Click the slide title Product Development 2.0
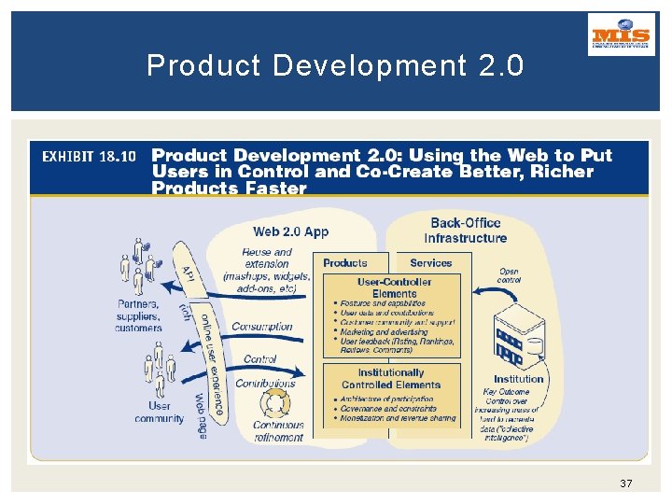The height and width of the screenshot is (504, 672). click(335, 65)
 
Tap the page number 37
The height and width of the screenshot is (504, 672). click(625, 483)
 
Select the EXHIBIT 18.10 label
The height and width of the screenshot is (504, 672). click(90, 156)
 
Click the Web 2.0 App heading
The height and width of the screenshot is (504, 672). click(291, 231)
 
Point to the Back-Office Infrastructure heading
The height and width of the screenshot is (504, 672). click(465, 230)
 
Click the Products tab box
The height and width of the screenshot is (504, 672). click(345, 263)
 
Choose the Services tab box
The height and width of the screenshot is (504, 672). click(431, 263)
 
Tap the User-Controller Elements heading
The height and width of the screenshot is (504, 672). click(394, 287)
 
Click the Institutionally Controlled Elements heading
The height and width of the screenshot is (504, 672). click(391, 378)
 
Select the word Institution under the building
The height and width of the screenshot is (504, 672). click(519, 379)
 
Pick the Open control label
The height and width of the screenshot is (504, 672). click(510, 275)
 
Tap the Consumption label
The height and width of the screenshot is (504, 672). click(262, 327)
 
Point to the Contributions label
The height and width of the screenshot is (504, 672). click(265, 383)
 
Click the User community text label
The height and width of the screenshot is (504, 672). click(160, 413)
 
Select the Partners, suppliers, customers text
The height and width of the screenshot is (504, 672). click(139, 315)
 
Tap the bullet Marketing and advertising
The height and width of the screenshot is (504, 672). click(385, 331)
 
